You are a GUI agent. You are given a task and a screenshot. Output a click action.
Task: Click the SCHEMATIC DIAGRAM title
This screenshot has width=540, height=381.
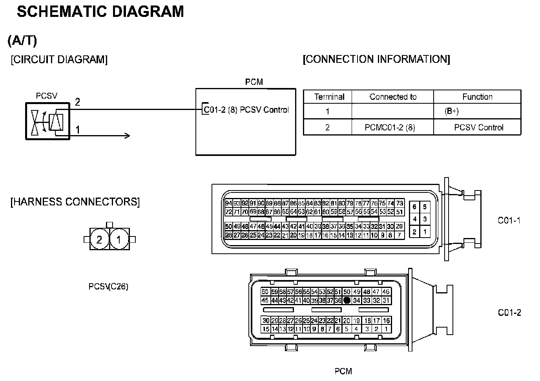click(100, 12)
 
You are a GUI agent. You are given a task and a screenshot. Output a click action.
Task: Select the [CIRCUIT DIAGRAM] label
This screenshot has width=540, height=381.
click(59, 60)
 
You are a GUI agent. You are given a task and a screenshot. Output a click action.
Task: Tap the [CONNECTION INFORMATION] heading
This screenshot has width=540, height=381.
click(376, 59)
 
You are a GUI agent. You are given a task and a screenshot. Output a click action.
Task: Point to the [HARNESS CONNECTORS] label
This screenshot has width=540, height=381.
click(75, 202)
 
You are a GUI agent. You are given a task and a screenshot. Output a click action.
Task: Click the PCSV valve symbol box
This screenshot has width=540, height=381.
click(47, 121)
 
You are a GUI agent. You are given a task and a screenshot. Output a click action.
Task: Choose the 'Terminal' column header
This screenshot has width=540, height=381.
click(329, 97)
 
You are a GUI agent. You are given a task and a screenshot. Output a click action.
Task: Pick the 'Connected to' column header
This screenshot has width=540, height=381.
click(393, 97)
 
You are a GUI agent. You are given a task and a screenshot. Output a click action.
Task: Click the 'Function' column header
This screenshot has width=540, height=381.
click(477, 97)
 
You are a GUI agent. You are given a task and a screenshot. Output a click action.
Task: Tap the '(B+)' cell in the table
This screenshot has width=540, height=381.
click(451, 112)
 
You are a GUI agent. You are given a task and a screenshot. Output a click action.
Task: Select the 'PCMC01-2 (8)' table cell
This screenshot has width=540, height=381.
click(390, 127)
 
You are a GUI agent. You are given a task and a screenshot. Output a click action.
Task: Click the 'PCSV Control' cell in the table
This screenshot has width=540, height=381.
click(478, 127)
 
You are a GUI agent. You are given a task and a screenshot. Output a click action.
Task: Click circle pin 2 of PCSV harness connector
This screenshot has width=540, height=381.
click(99, 239)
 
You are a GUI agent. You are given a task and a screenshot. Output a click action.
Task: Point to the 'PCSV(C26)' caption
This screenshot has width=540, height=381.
click(108, 287)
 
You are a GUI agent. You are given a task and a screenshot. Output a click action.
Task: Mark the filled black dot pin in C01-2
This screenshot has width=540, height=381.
click(347, 300)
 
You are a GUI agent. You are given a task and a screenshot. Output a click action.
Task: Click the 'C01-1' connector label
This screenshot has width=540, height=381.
click(509, 220)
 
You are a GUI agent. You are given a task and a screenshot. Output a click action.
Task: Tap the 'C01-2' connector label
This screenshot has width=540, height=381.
click(509, 313)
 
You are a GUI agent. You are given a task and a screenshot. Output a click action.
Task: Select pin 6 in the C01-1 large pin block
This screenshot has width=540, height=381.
click(414, 207)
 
